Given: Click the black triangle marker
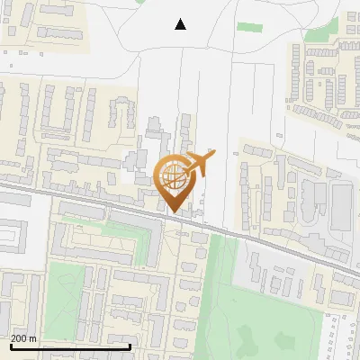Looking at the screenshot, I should click(181, 24).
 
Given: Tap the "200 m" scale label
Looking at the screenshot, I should click(23, 338).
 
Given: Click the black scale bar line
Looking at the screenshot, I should click(70, 346).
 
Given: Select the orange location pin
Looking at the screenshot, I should click(175, 180).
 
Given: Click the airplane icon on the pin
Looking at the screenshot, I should click(199, 164).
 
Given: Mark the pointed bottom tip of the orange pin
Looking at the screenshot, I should click(175, 211).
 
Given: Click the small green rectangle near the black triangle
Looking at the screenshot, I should click(249, 27).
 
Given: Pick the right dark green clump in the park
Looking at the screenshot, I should click(286, 340).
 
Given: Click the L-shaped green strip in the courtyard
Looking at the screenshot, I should click(121, 229).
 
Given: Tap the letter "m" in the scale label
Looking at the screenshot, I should click(33, 339).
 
